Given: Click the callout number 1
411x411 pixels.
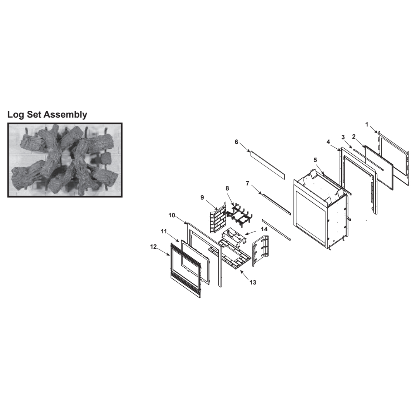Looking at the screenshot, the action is [367, 124].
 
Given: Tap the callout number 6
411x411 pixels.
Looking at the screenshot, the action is [237, 142].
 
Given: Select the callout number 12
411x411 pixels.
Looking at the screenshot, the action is [153, 247].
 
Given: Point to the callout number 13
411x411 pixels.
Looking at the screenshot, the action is [253, 282].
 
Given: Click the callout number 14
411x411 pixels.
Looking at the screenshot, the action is [264, 229].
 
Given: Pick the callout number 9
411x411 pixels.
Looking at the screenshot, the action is [202, 197].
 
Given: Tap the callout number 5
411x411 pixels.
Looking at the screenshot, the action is [315, 160].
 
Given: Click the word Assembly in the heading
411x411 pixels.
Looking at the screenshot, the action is [65, 115].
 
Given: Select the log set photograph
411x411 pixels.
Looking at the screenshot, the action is [65, 160].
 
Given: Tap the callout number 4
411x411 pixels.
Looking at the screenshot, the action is [328, 142].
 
